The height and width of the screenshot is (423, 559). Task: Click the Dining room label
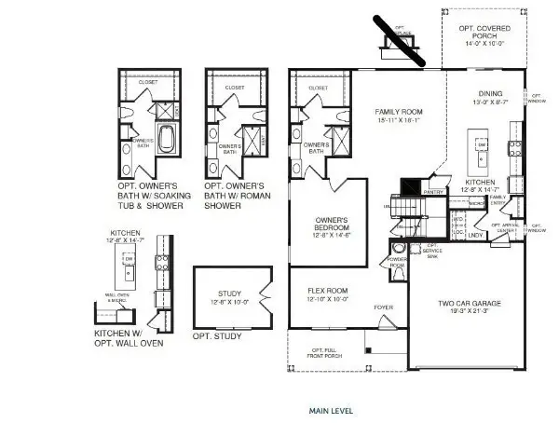490,93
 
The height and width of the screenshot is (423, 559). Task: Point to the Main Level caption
331,410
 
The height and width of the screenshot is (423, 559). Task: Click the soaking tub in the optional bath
165,141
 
